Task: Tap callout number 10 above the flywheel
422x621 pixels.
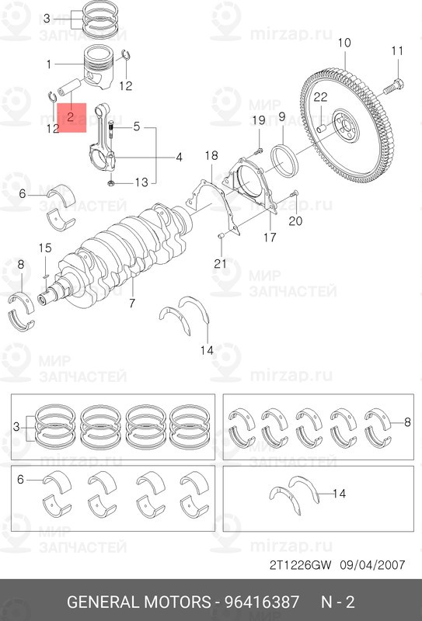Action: tap(344, 42)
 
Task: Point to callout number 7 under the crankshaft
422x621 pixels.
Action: tap(132, 302)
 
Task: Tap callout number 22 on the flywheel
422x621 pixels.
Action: tap(320, 96)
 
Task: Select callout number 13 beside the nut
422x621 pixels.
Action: tap(140, 182)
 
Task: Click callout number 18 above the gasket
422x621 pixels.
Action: tap(211, 156)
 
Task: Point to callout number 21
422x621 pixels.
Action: tap(220, 264)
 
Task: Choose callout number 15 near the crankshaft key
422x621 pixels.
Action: tap(45, 248)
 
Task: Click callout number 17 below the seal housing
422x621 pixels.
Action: tap(269, 237)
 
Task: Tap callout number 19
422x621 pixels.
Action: tap(258, 120)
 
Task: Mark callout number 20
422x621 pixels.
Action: tap(295, 221)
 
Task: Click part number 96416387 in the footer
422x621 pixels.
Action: tap(263, 602)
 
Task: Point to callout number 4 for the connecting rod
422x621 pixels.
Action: tap(179, 157)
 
